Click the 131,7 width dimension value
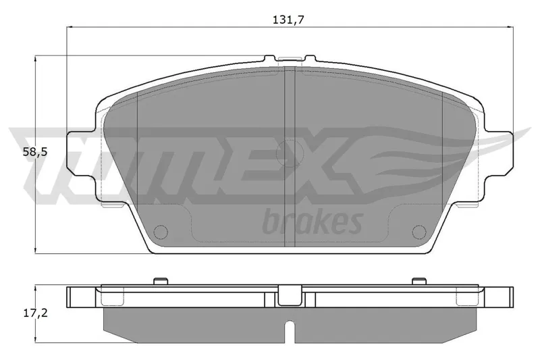pos(289,20)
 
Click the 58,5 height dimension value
pos(35,152)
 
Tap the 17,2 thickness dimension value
pos(36,313)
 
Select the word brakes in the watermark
pos(313,221)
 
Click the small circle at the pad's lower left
pos(161,232)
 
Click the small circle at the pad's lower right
pos(419,232)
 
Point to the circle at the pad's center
pos(290,153)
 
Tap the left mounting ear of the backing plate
pos(81,153)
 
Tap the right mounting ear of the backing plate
pos(498,153)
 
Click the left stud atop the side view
pos(161,281)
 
